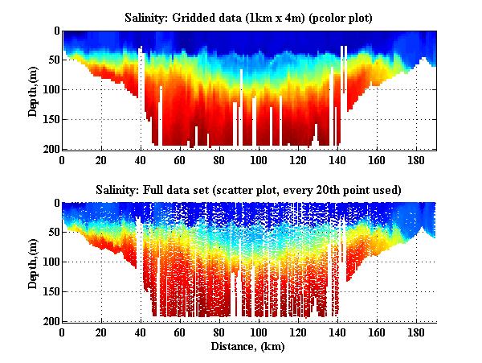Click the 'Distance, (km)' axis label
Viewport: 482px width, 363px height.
(249, 346)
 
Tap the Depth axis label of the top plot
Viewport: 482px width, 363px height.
(33, 90)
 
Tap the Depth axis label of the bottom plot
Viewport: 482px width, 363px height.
(33, 262)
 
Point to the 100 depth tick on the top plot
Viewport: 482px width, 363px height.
(50, 90)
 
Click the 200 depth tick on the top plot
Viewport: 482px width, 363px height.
(50, 149)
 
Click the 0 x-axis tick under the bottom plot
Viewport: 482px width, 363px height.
(63, 332)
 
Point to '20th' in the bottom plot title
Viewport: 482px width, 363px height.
(345, 189)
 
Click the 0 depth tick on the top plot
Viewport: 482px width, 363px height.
(55, 31)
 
